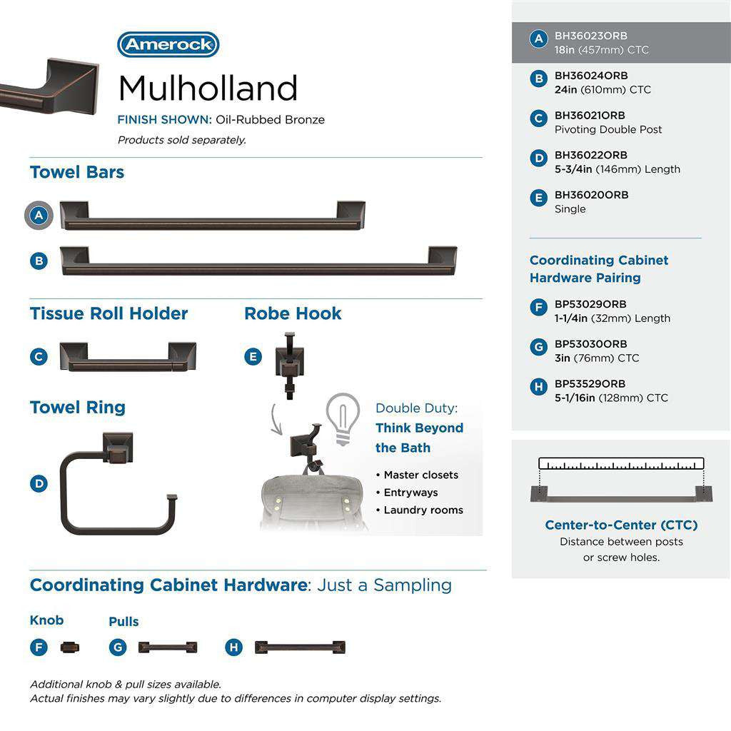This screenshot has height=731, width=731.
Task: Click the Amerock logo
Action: click(168, 44)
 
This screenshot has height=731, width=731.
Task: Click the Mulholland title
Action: click(208, 89)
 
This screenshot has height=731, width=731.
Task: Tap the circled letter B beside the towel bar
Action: click(39, 261)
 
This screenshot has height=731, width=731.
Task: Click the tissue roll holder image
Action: click(128, 357)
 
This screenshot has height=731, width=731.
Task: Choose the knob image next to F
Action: click(70, 647)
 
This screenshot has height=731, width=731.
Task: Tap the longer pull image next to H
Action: click(300, 647)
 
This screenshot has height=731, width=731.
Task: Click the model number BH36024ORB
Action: click(591, 76)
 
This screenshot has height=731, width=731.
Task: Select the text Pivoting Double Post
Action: click(608, 130)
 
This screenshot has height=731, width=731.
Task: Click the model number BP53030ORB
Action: click(591, 344)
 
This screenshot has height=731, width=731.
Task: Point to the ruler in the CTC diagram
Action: click(621, 463)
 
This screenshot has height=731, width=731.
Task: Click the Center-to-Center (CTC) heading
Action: click(621, 525)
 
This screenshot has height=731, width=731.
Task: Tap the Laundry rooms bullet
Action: click(423, 510)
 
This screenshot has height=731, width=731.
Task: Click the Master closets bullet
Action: click(420, 475)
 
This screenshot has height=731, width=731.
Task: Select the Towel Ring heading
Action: click(77, 408)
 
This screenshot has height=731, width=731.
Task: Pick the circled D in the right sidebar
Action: click(539, 158)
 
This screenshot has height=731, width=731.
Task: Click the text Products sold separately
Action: click(182, 140)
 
